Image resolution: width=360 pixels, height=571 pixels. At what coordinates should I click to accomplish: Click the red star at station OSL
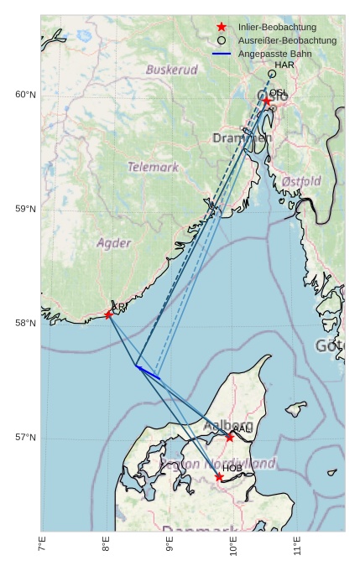(267, 101)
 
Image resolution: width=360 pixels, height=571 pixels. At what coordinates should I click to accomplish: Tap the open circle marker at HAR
(272, 74)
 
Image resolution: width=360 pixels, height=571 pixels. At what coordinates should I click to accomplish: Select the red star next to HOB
(219, 477)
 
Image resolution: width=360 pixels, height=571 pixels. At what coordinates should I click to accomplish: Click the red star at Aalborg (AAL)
(229, 437)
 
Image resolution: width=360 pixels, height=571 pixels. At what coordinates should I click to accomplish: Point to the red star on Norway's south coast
(108, 314)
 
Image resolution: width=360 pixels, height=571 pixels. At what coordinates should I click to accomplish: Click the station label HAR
(284, 65)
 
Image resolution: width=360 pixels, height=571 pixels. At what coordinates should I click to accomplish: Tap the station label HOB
(232, 468)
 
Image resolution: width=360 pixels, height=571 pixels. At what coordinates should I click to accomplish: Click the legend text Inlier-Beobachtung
(277, 27)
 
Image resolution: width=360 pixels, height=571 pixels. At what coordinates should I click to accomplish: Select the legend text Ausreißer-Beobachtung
(287, 40)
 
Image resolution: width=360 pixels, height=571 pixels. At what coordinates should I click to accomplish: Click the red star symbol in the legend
(222, 27)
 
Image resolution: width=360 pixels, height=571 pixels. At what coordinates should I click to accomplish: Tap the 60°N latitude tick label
(25, 95)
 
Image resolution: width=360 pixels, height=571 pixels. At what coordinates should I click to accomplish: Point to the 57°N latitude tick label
(25, 438)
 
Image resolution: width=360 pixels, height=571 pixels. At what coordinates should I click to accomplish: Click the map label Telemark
(153, 167)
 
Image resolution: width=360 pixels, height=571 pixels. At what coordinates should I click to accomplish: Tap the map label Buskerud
(171, 70)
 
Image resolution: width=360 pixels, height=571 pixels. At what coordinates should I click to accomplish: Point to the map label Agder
(113, 243)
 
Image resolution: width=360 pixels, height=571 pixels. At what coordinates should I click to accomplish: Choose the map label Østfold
(300, 181)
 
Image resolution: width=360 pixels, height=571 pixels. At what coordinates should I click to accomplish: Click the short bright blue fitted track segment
(148, 372)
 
